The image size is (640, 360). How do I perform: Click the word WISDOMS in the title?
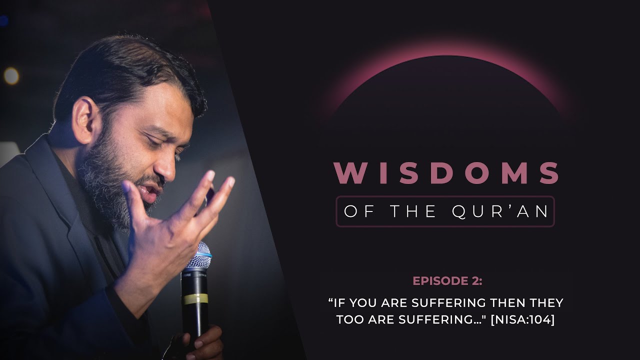(x=446, y=172)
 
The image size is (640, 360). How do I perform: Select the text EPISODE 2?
(x=447, y=281)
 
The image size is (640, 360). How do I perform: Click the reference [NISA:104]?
(x=522, y=320)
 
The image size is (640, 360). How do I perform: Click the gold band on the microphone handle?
(x=195, y=299)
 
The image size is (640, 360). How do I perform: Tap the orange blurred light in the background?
(x=11, y=75)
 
